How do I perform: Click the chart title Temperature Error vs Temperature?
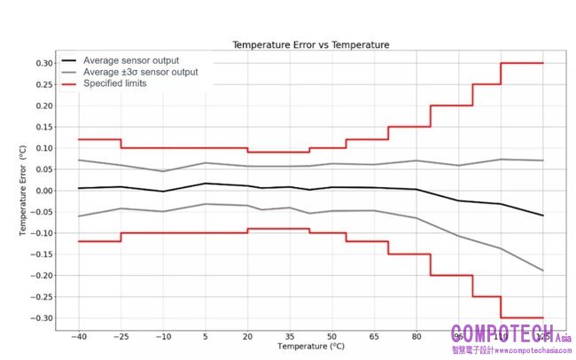(310, 44)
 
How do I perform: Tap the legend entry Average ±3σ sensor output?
(140, 72)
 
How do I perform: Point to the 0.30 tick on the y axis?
(43, 63)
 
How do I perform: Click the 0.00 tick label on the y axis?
(43, 191)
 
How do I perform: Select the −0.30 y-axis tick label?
(42, 318)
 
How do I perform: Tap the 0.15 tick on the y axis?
(43, 127)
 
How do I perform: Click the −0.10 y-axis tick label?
(42, 233)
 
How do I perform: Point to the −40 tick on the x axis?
(78, 338)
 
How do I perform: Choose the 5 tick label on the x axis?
(206, 338)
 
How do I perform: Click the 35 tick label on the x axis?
(290, 338)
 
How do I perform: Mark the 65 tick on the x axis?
(374, 338)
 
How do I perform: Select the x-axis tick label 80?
(416, 338)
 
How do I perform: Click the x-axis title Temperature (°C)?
(310, 347)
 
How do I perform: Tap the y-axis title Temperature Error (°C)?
(25, 191)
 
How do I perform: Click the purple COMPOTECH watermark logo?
(502, 334)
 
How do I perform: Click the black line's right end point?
(543, 215)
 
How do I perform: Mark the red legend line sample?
(67, 83)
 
